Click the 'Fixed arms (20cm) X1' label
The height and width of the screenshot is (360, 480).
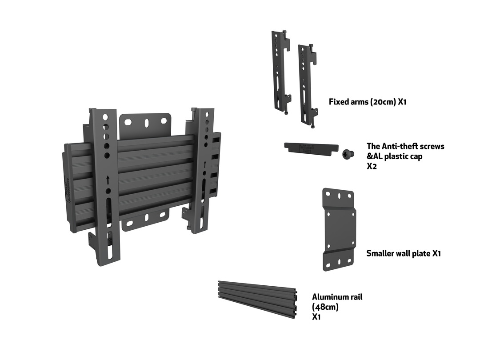(x=368, y=102)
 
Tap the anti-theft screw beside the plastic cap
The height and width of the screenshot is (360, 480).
(x=348, y=154)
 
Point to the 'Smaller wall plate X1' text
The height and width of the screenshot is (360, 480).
(x=403, y=253)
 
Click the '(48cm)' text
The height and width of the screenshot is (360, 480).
(x=325, y=307)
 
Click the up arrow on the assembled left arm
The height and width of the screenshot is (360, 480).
(x=108, y=180)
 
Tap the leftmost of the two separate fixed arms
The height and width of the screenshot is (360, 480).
(x=280, y=71)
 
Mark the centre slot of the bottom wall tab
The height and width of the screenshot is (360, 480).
(x=145, y=218)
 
